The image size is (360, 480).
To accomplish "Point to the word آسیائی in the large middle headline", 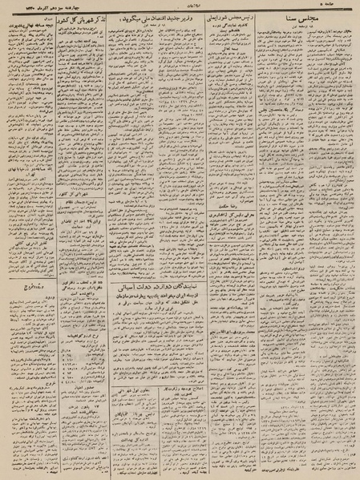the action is tap(113, 229).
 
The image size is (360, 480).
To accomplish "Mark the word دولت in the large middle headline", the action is tap(136, 229).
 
